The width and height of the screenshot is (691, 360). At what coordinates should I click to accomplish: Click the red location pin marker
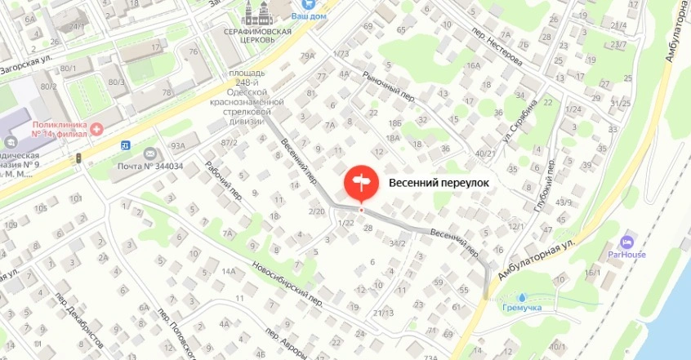pos(360,183)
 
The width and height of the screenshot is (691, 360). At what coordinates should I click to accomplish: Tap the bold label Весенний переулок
pos(439,184)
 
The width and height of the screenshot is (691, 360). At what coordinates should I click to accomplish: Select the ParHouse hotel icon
pos(626,242)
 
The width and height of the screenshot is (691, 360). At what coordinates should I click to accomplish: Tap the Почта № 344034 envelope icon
pos(149,153)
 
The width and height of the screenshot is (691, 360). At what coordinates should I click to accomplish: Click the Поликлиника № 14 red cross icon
pos(96,127)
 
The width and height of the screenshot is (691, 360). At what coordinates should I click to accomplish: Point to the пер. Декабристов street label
pos(74,318)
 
